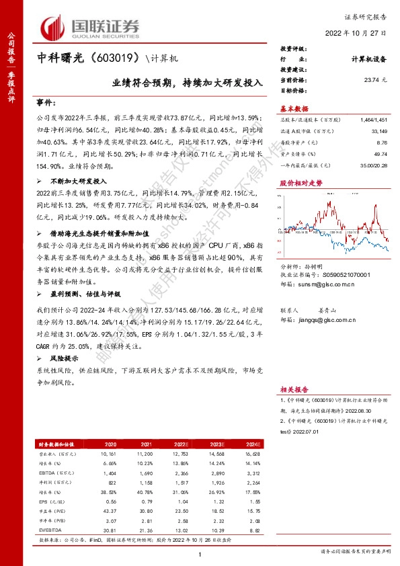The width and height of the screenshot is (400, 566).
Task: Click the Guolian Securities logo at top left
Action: click(90, 26)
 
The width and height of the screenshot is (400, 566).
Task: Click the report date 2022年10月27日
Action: click(356, 32)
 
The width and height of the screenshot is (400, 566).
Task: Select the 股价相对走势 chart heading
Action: click(296, 182)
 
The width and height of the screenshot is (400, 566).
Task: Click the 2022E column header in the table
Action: click(182, 444)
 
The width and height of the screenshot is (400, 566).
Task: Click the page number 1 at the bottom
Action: click(200, 554)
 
